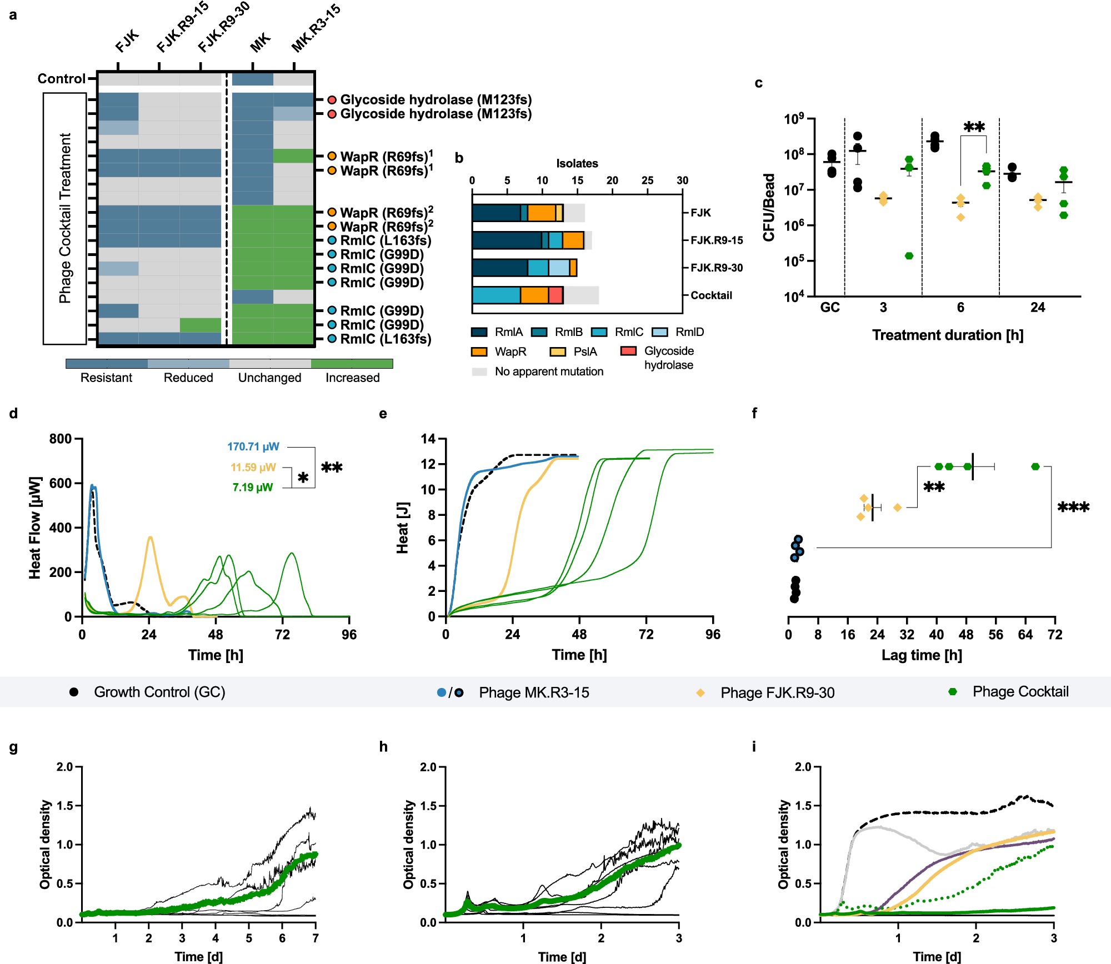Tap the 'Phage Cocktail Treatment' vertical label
click(65, 218)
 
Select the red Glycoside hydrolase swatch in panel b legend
click(628, 351)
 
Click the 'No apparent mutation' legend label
click(549, 371)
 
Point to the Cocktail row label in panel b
click(711, 295)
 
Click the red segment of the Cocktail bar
click(555, 295)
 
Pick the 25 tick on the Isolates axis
click(647, 180)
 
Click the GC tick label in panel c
click(830, 308)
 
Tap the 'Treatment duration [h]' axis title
click(947, 335)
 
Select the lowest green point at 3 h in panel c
click(909, 256)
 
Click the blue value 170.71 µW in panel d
click(253, 446)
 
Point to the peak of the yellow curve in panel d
click(150, 538)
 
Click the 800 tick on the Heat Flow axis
click(61, 439)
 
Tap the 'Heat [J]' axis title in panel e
click(402, 528)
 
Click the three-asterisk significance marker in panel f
click(1073, 507)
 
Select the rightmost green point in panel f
click(1035, 466)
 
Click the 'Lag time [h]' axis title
click(922, 655)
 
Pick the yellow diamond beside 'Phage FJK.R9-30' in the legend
click(700, 692)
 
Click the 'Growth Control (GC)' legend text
click(159, 692)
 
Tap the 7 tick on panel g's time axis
click(316, 938)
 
